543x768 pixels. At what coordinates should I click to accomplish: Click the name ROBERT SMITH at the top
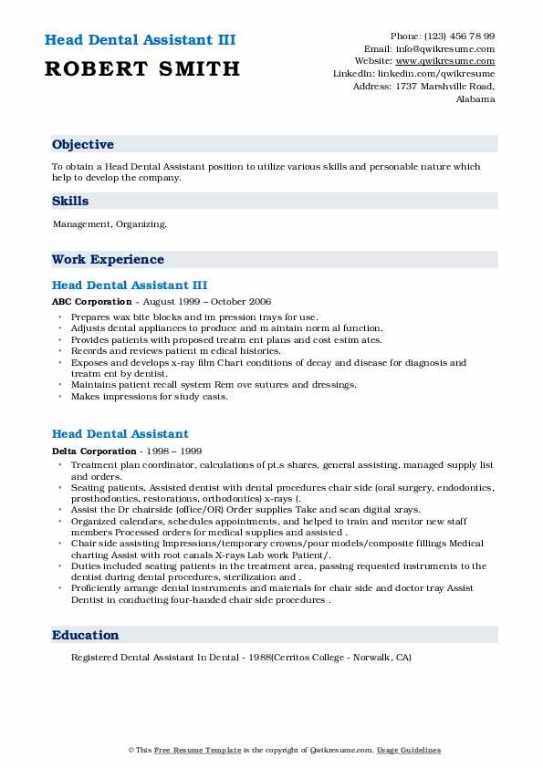141,68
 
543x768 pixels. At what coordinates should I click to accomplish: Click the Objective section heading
83,145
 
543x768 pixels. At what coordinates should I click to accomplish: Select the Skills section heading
70,202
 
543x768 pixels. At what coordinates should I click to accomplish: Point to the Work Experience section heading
108,260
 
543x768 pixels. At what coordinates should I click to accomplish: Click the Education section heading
85,635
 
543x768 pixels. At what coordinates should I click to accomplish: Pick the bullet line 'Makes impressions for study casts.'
149,397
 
